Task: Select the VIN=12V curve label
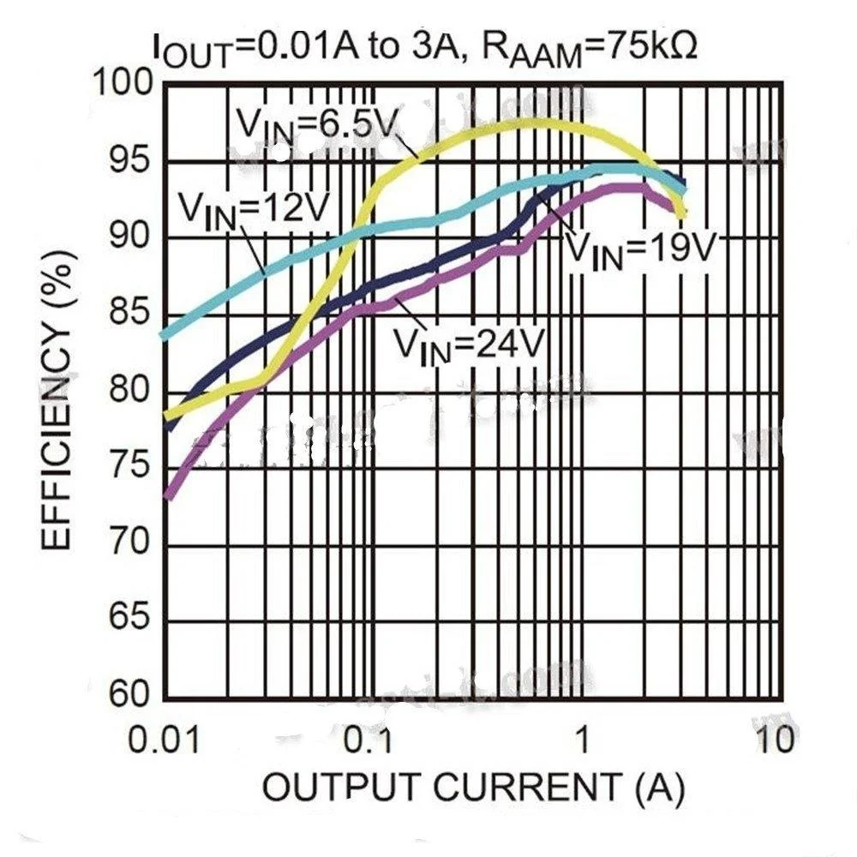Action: pos(252,207)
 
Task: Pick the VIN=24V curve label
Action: pos(468,343)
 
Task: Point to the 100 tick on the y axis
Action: pos(123,84)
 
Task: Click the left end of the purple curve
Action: pos(169,495)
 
